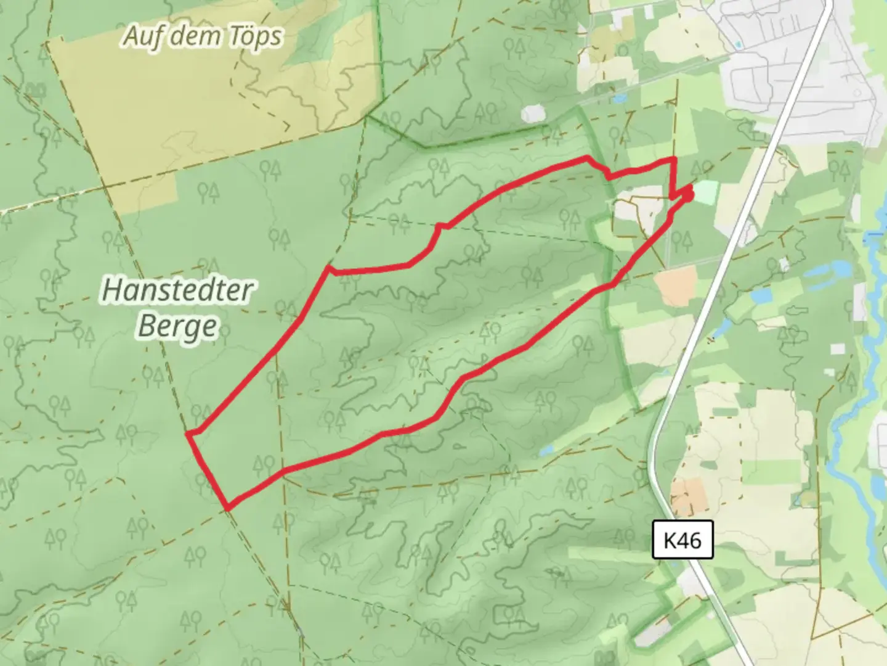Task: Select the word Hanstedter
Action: [177, 290]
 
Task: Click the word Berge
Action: [177, 326]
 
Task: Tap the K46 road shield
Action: [682, 540]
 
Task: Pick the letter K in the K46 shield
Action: [669, 541]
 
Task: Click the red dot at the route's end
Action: [688, 195]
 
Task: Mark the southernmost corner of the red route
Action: [229, 508]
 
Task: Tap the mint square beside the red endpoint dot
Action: [706, 192]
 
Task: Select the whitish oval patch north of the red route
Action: [533, 114]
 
